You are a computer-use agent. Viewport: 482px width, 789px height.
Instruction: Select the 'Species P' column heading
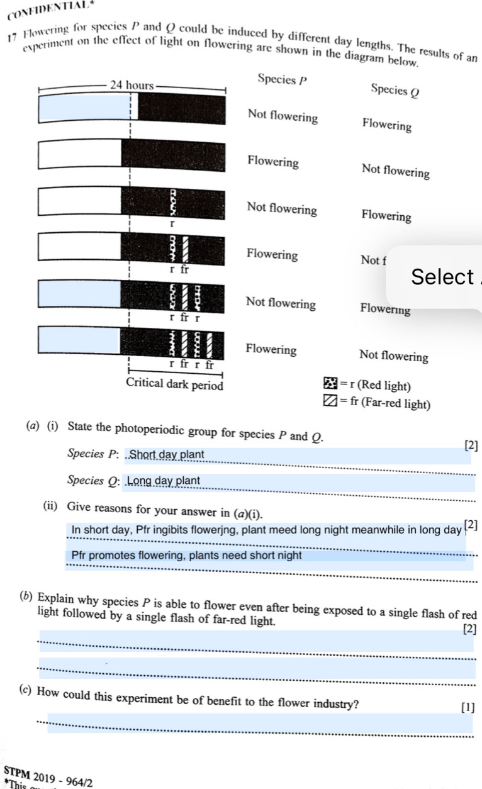click(x=283, y=81)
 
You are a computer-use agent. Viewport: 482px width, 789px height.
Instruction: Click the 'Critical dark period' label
click(x=174, y=383)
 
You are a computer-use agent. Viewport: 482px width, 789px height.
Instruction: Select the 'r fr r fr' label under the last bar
click(x=191, y=364)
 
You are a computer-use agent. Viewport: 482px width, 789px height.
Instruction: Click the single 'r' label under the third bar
click(x=171, y=223)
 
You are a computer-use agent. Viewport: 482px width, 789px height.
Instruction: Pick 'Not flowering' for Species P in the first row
click(x=283, y=117)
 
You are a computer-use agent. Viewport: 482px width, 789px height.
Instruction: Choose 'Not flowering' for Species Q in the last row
click(x=393, y=357)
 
